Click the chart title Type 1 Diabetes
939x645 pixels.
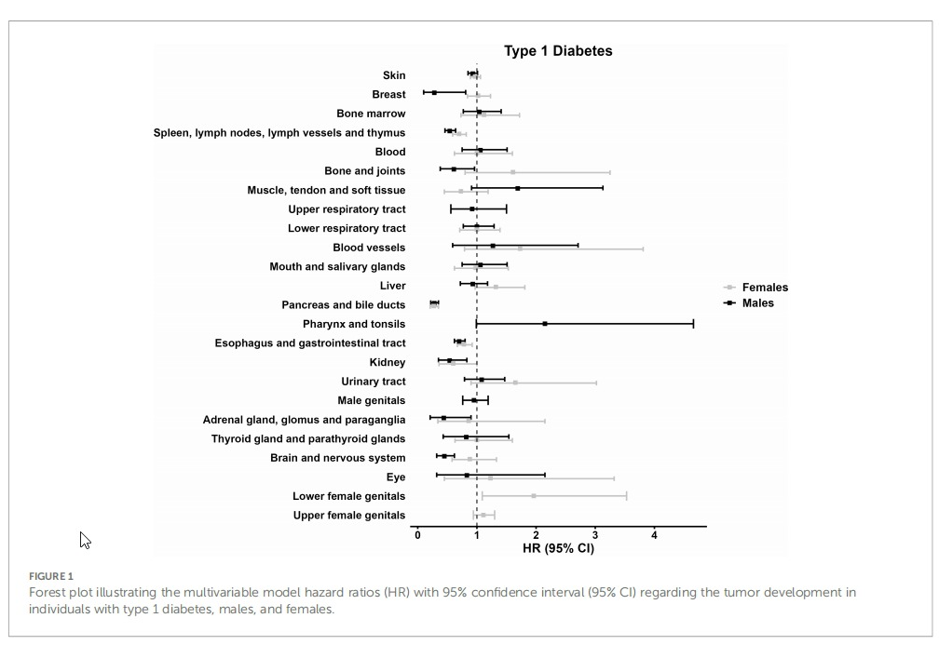558,51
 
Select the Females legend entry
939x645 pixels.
764,288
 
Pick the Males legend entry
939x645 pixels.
757,302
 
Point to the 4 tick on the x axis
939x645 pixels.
654,535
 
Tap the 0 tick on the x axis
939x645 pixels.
417,535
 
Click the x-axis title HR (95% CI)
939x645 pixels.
558,547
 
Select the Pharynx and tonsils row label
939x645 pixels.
353,324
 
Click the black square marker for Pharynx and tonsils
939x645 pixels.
545,324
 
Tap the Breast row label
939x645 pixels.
388,94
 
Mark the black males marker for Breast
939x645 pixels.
434,92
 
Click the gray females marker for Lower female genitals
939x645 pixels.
534,496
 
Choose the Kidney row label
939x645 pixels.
388,362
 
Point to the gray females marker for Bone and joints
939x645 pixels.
512,172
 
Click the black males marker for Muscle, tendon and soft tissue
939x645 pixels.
517,188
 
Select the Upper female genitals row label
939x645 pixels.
348,515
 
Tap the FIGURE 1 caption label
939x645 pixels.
50,576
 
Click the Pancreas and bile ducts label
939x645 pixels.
343,304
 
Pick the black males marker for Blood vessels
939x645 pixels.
492,246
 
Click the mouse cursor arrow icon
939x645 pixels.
85,539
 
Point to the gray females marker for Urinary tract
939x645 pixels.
515,383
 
